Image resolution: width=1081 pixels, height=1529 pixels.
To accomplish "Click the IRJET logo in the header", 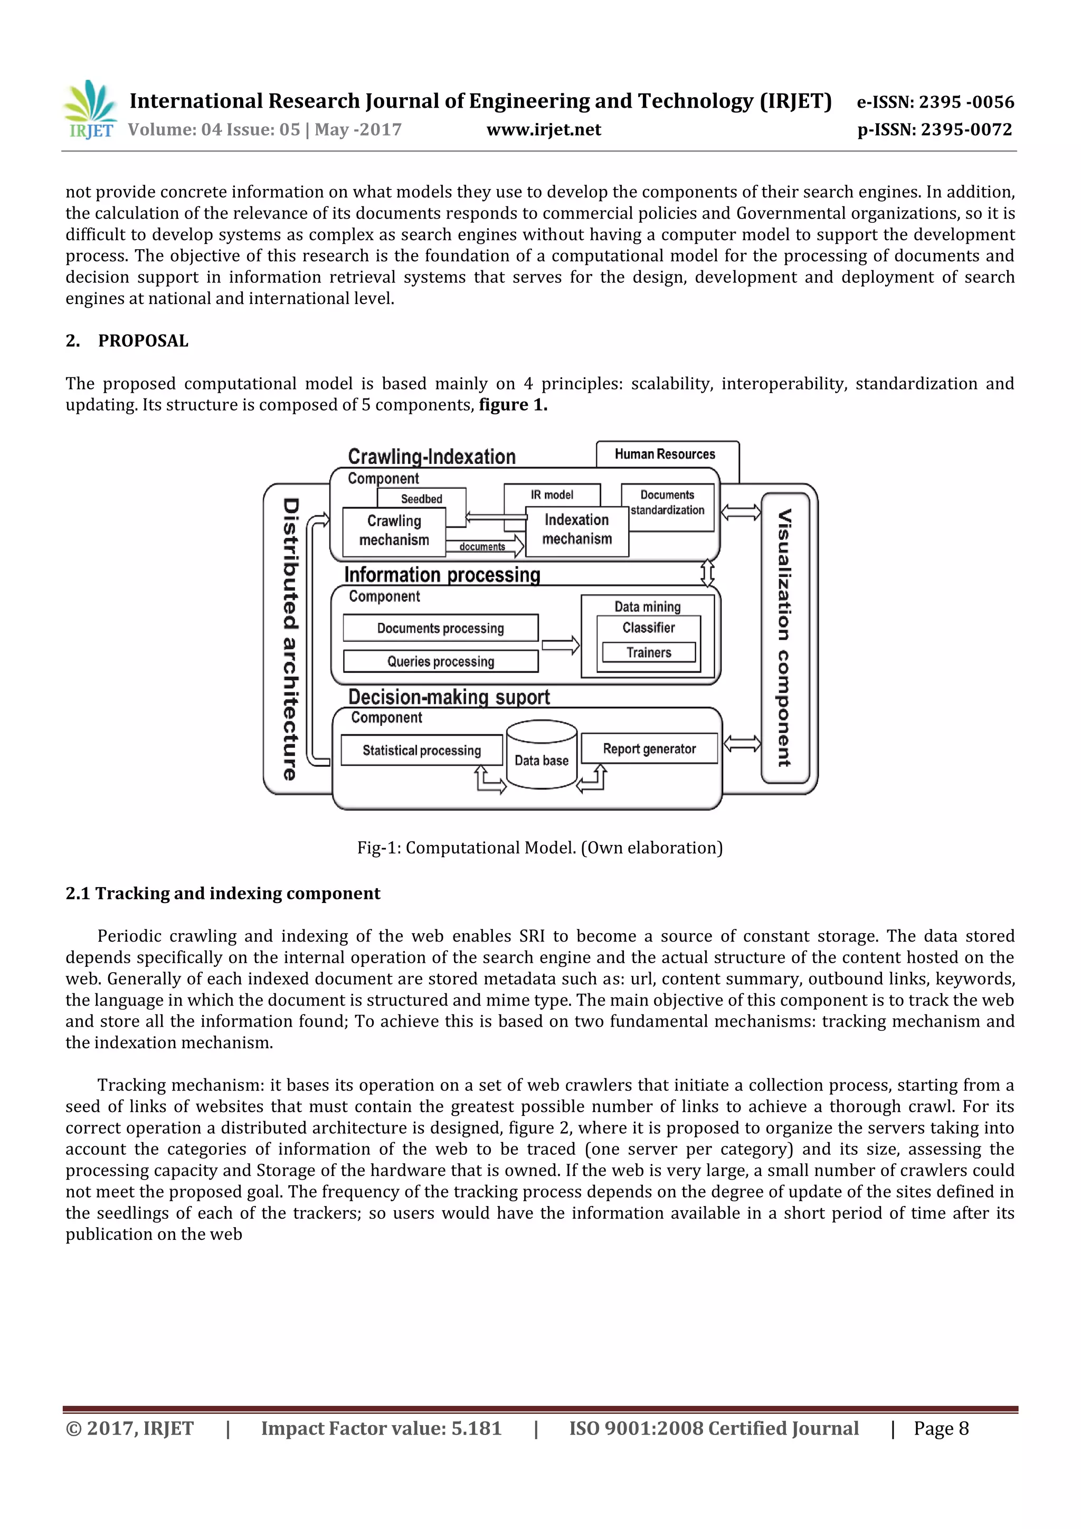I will point(90,110).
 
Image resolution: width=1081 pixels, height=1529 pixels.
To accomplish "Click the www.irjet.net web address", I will point(544,130).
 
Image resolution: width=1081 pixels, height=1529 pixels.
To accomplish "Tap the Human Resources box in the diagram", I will point(665,454).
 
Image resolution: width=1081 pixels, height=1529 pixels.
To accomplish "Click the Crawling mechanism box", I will point(394,531).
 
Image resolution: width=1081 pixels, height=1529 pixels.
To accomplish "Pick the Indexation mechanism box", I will point(577,530).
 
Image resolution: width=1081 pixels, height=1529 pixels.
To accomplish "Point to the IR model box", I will point(552,495).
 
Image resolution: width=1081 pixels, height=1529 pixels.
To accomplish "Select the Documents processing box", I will point(440,628).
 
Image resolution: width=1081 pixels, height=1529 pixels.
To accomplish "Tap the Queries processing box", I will point(440,661).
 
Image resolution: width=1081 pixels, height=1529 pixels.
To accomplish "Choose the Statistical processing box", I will point(422,751).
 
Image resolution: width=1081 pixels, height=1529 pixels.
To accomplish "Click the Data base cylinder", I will point(542,756).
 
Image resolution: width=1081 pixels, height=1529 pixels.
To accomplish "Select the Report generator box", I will point(649,748).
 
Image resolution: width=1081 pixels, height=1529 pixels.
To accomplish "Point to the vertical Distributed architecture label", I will point(290,639).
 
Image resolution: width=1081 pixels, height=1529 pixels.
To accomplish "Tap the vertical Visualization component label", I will point(784,638).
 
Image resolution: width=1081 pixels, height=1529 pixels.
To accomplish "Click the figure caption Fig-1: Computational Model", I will point(539,848).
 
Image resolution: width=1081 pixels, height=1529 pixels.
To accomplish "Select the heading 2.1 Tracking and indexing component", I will point(222,894).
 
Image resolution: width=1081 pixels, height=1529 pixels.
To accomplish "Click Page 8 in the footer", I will point(941,1428).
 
